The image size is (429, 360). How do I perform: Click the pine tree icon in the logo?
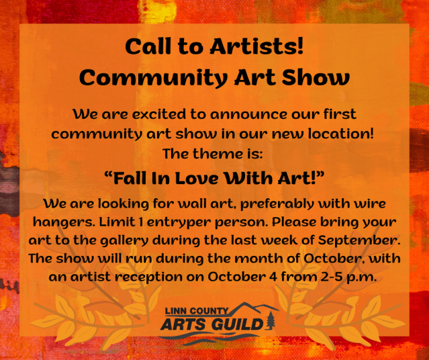click(x=271, y=319)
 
